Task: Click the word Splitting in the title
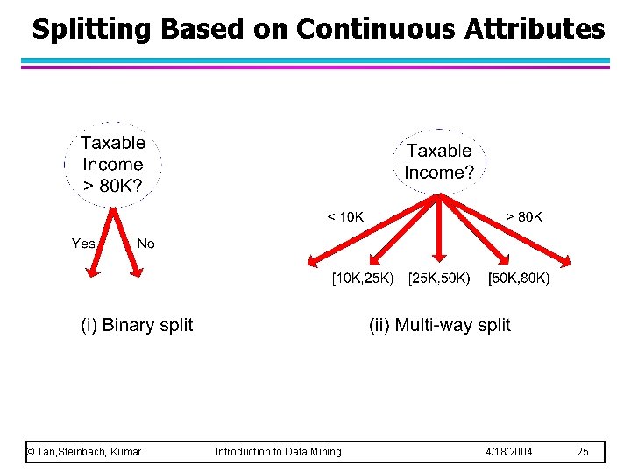pyautogui.click(x=92, y=29)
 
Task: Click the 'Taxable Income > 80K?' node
pyautogui.click(x=112, y=164)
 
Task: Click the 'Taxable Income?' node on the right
pyautogui.click(x=439, y=162)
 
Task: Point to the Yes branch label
pyautogui.click(x=83, y=244)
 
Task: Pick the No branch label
pyautogui.click(x=145, y=244)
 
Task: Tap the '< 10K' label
pyautogui.click(x=345, y=216)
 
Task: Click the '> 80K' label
pyautogui.click(x=524, y=216)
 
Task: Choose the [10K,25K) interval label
pyautogui.click(x=362, y=279)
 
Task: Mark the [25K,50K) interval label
pyautogui.click(x=439, y=279)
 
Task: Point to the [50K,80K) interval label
pyautogui.click(x=519, y=279)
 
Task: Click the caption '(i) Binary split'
pyautogui.click(x=137, y=325)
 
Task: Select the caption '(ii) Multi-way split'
pyautogui.click(x=439, y=325)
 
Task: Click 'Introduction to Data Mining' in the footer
pyautogui.click(x=279, y=451)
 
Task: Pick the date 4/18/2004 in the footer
pyautogui.click(x=507, y=451)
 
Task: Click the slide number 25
pyautogui.click(x=583, y=451)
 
